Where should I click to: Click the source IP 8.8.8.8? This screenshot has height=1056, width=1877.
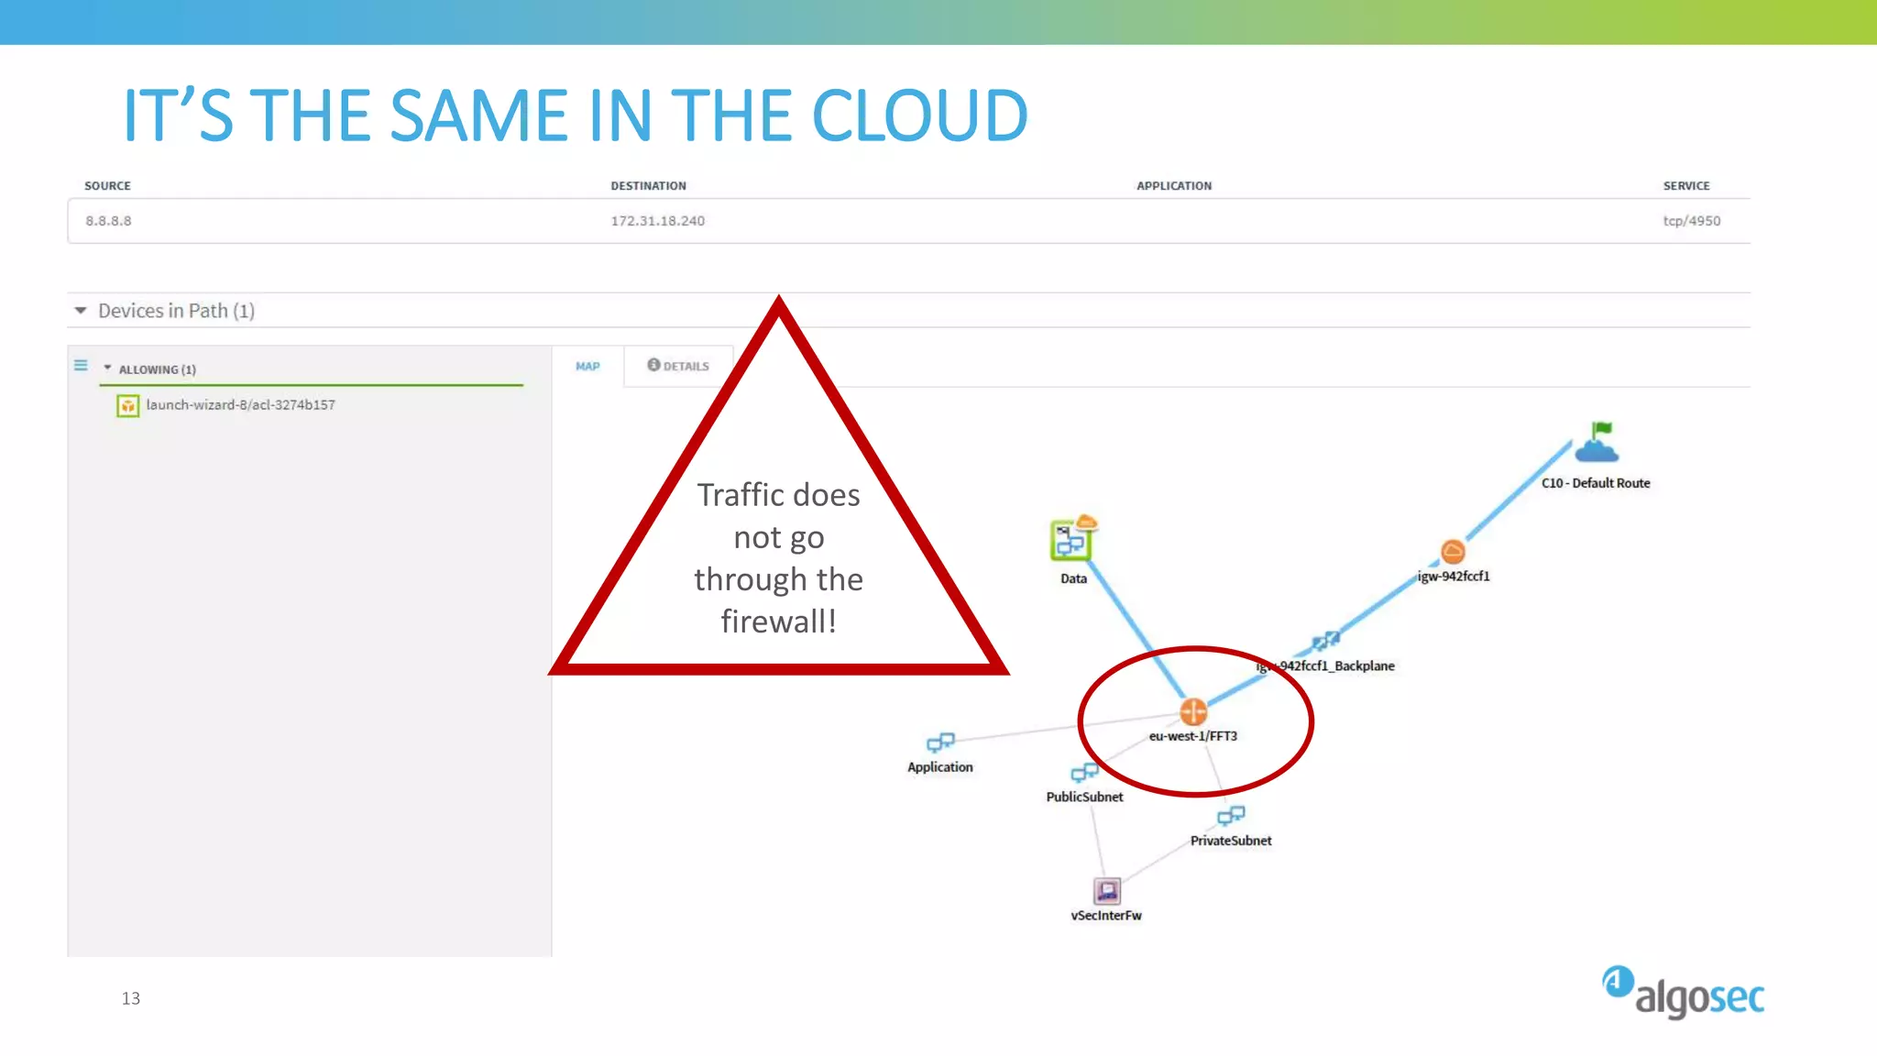[x=108, y=221]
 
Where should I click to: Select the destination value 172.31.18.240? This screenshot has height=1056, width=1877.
[x=657, y=221]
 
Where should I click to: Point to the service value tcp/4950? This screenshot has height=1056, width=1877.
[x=1691, y=221]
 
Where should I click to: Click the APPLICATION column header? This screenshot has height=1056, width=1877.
[x=1173, y=186]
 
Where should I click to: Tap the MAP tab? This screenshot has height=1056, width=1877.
[x=587, y=367]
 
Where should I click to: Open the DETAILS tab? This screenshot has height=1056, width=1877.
[x=678, y=366]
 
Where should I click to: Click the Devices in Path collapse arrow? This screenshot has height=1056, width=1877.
[x=81, y=311]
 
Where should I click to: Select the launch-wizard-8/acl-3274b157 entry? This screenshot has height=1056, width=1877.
[x=240, y=405]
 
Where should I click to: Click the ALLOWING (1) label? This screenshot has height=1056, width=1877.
[x=157, y=369]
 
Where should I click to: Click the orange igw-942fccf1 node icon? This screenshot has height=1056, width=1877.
[x=1453, y=551]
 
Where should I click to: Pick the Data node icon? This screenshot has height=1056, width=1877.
[x=1071, y=540]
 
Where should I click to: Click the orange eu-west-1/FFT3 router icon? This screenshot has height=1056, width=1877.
[x=1192, y=711]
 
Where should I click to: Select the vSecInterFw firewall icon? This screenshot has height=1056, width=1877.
[x=1106, y=890]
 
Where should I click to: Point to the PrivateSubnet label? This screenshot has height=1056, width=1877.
[x=1230, y=841]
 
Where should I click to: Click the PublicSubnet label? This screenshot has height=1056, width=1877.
[x=1084, y=797]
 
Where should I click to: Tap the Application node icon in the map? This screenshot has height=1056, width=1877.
[x=940, y=742]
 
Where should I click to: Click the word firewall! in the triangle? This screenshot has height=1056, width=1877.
[x=778, y=621]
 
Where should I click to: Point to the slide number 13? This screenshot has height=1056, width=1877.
[x=131, y=998]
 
